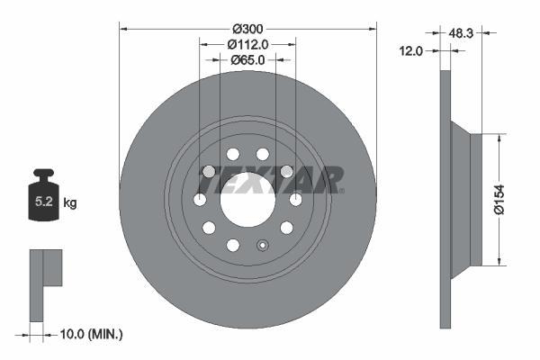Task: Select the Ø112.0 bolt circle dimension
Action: (247, 44)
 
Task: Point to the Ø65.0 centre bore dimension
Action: (247, 60)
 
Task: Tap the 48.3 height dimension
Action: (462, 32)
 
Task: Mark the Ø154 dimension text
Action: (511, 200)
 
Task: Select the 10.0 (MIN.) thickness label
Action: (89, 334)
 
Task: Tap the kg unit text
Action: (70, 203)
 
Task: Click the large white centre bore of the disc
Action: (247, 199)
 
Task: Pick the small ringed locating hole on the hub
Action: (263, 245)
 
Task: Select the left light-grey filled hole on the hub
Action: (209, 172)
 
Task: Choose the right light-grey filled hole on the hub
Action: (286, 172)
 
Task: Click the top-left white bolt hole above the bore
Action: (232, 154)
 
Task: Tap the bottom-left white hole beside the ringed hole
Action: (232, 245)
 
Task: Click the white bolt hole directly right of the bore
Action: (295, 199)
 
